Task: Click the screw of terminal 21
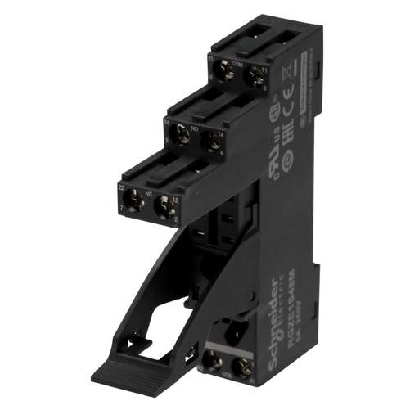(228, 74)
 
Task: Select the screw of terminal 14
(212, 137)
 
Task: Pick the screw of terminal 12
(167, 205)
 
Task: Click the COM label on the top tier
(240, 62)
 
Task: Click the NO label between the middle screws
(196, 128)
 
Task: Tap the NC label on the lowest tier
(149, 194)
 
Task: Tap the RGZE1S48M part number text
(283, 291)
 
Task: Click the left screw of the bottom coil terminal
(214, 360)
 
